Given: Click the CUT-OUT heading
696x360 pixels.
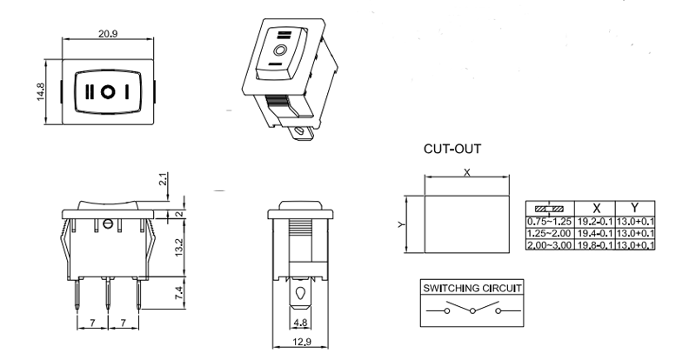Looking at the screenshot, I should pos(452,149).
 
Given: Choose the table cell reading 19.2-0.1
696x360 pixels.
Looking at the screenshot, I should pos(595,222).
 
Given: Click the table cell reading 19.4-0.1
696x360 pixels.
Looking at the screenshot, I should pos(595,234).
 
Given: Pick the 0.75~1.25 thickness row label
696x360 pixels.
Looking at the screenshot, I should pos(550,222).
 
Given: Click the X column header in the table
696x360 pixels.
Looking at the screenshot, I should pos(595,209).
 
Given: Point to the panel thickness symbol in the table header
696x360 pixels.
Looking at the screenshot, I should pos(550,209).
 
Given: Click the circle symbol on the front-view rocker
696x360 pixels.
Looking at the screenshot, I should pos(106,90).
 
